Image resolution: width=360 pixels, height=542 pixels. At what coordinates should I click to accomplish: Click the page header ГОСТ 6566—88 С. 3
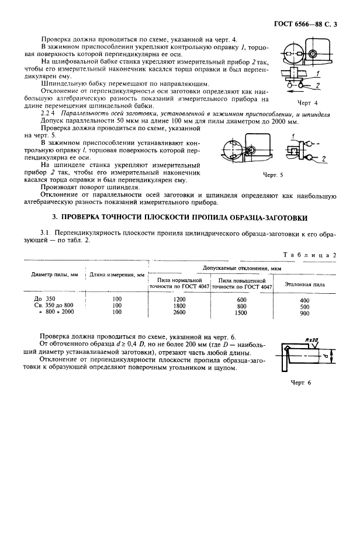(x=310, y=25)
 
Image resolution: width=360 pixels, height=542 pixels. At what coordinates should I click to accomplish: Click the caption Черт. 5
(x=273, y=175)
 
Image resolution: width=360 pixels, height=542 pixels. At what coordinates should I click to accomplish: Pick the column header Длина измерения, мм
(x=116, y=275)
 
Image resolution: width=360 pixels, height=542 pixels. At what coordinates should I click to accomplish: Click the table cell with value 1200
(x=179, y=299)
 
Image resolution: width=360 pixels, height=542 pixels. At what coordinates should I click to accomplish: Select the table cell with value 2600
(x=179, y=312)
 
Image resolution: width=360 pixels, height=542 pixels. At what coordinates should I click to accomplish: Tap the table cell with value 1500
(x=242, y=312)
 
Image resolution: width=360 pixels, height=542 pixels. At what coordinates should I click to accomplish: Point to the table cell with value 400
(x=304, y=300)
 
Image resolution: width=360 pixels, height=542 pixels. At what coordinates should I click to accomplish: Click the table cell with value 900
(x=304, y=313)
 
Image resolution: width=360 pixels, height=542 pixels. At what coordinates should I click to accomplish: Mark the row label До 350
(x=44, y=299)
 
